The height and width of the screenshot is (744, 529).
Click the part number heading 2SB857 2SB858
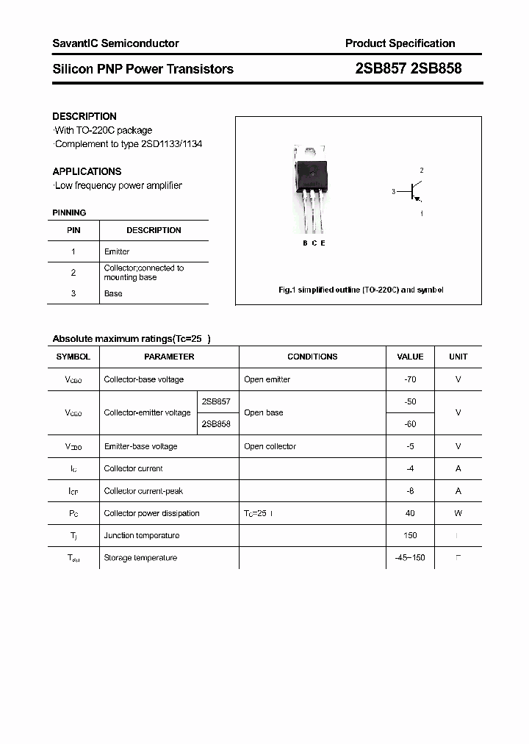pos(409,69)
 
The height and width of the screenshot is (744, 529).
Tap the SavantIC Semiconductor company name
pos(115,43)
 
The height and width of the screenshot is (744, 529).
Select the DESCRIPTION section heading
pos(84,116)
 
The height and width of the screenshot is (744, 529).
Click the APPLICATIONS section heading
pos(87,171)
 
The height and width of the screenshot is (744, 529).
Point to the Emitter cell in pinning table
pos(117,251)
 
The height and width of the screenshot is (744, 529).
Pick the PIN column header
pos(73,230)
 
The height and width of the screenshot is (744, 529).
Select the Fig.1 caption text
pos(361,290)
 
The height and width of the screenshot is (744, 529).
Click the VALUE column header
pos(410,357)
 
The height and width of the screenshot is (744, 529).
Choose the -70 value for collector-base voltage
pos(410,379)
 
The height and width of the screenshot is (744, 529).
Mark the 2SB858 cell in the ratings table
pos(216,424)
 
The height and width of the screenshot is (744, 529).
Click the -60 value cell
pos(410,424)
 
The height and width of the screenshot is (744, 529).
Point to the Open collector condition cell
pos(270,446)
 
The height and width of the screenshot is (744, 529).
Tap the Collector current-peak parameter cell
pos(143,491)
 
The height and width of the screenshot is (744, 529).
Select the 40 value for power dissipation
pos(410,513)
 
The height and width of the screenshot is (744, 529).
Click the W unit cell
pos(458,513)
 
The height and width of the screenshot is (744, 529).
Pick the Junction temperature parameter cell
pos(141,535)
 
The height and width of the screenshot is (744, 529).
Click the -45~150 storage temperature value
pos(410,558)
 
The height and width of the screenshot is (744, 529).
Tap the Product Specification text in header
pos(400,43)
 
